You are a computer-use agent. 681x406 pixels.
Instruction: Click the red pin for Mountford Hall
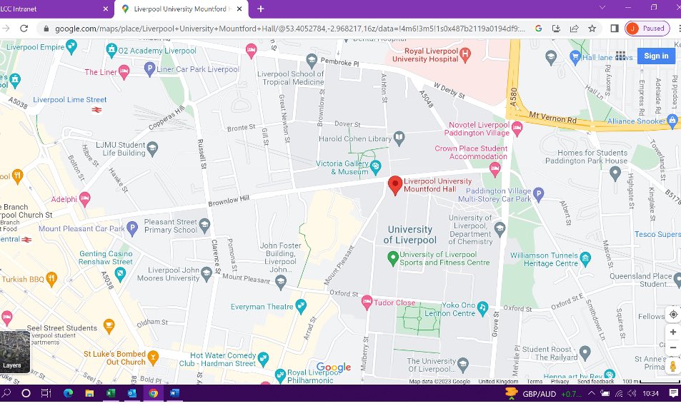pyautogui.click(x=394, y=185)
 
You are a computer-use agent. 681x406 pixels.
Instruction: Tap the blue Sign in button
pyautogui.click(x=655, y=56)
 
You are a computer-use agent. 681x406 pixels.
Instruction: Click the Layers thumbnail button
pyautogui.click(x=15, y=352)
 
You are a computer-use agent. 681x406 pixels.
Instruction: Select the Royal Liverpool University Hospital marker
pyautogui.click(x=465, y=54)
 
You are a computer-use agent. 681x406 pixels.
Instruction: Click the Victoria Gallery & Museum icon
pyautogui.click(x=374, y=167)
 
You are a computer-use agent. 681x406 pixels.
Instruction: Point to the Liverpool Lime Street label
pyautogui.click(x=69, y=100)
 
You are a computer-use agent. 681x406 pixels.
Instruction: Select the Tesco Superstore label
pyautogui.click(x=657, y=234)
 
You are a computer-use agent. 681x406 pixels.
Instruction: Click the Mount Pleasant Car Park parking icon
pyautogui.click(x=131, y=229)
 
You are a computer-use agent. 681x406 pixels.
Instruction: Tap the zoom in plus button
pyautogui.click(x=672, y=333)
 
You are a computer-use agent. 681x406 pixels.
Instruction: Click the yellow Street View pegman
pyautogui.click(x=672, y=366)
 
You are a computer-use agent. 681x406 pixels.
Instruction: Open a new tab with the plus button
pyautogui.click(x=260, y=9)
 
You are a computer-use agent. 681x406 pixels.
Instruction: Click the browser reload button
pyautogui.click(x=24, y=29)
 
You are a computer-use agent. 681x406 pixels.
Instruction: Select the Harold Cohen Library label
pyautogui.click(x=355, y=138)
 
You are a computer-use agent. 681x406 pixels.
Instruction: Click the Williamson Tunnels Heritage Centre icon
pyautogui.click(x=586, y=258)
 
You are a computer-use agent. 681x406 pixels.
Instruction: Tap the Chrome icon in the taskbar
pyautogui.click(x=153, y=393)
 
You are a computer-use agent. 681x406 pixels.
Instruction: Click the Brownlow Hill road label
pyautogui.click(x=229, y=203)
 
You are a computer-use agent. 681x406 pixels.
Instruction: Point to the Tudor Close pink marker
pyautogui.click(x=367, y=303)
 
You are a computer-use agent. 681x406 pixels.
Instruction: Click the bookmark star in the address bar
pyautogui.click(x=592, y=29)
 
